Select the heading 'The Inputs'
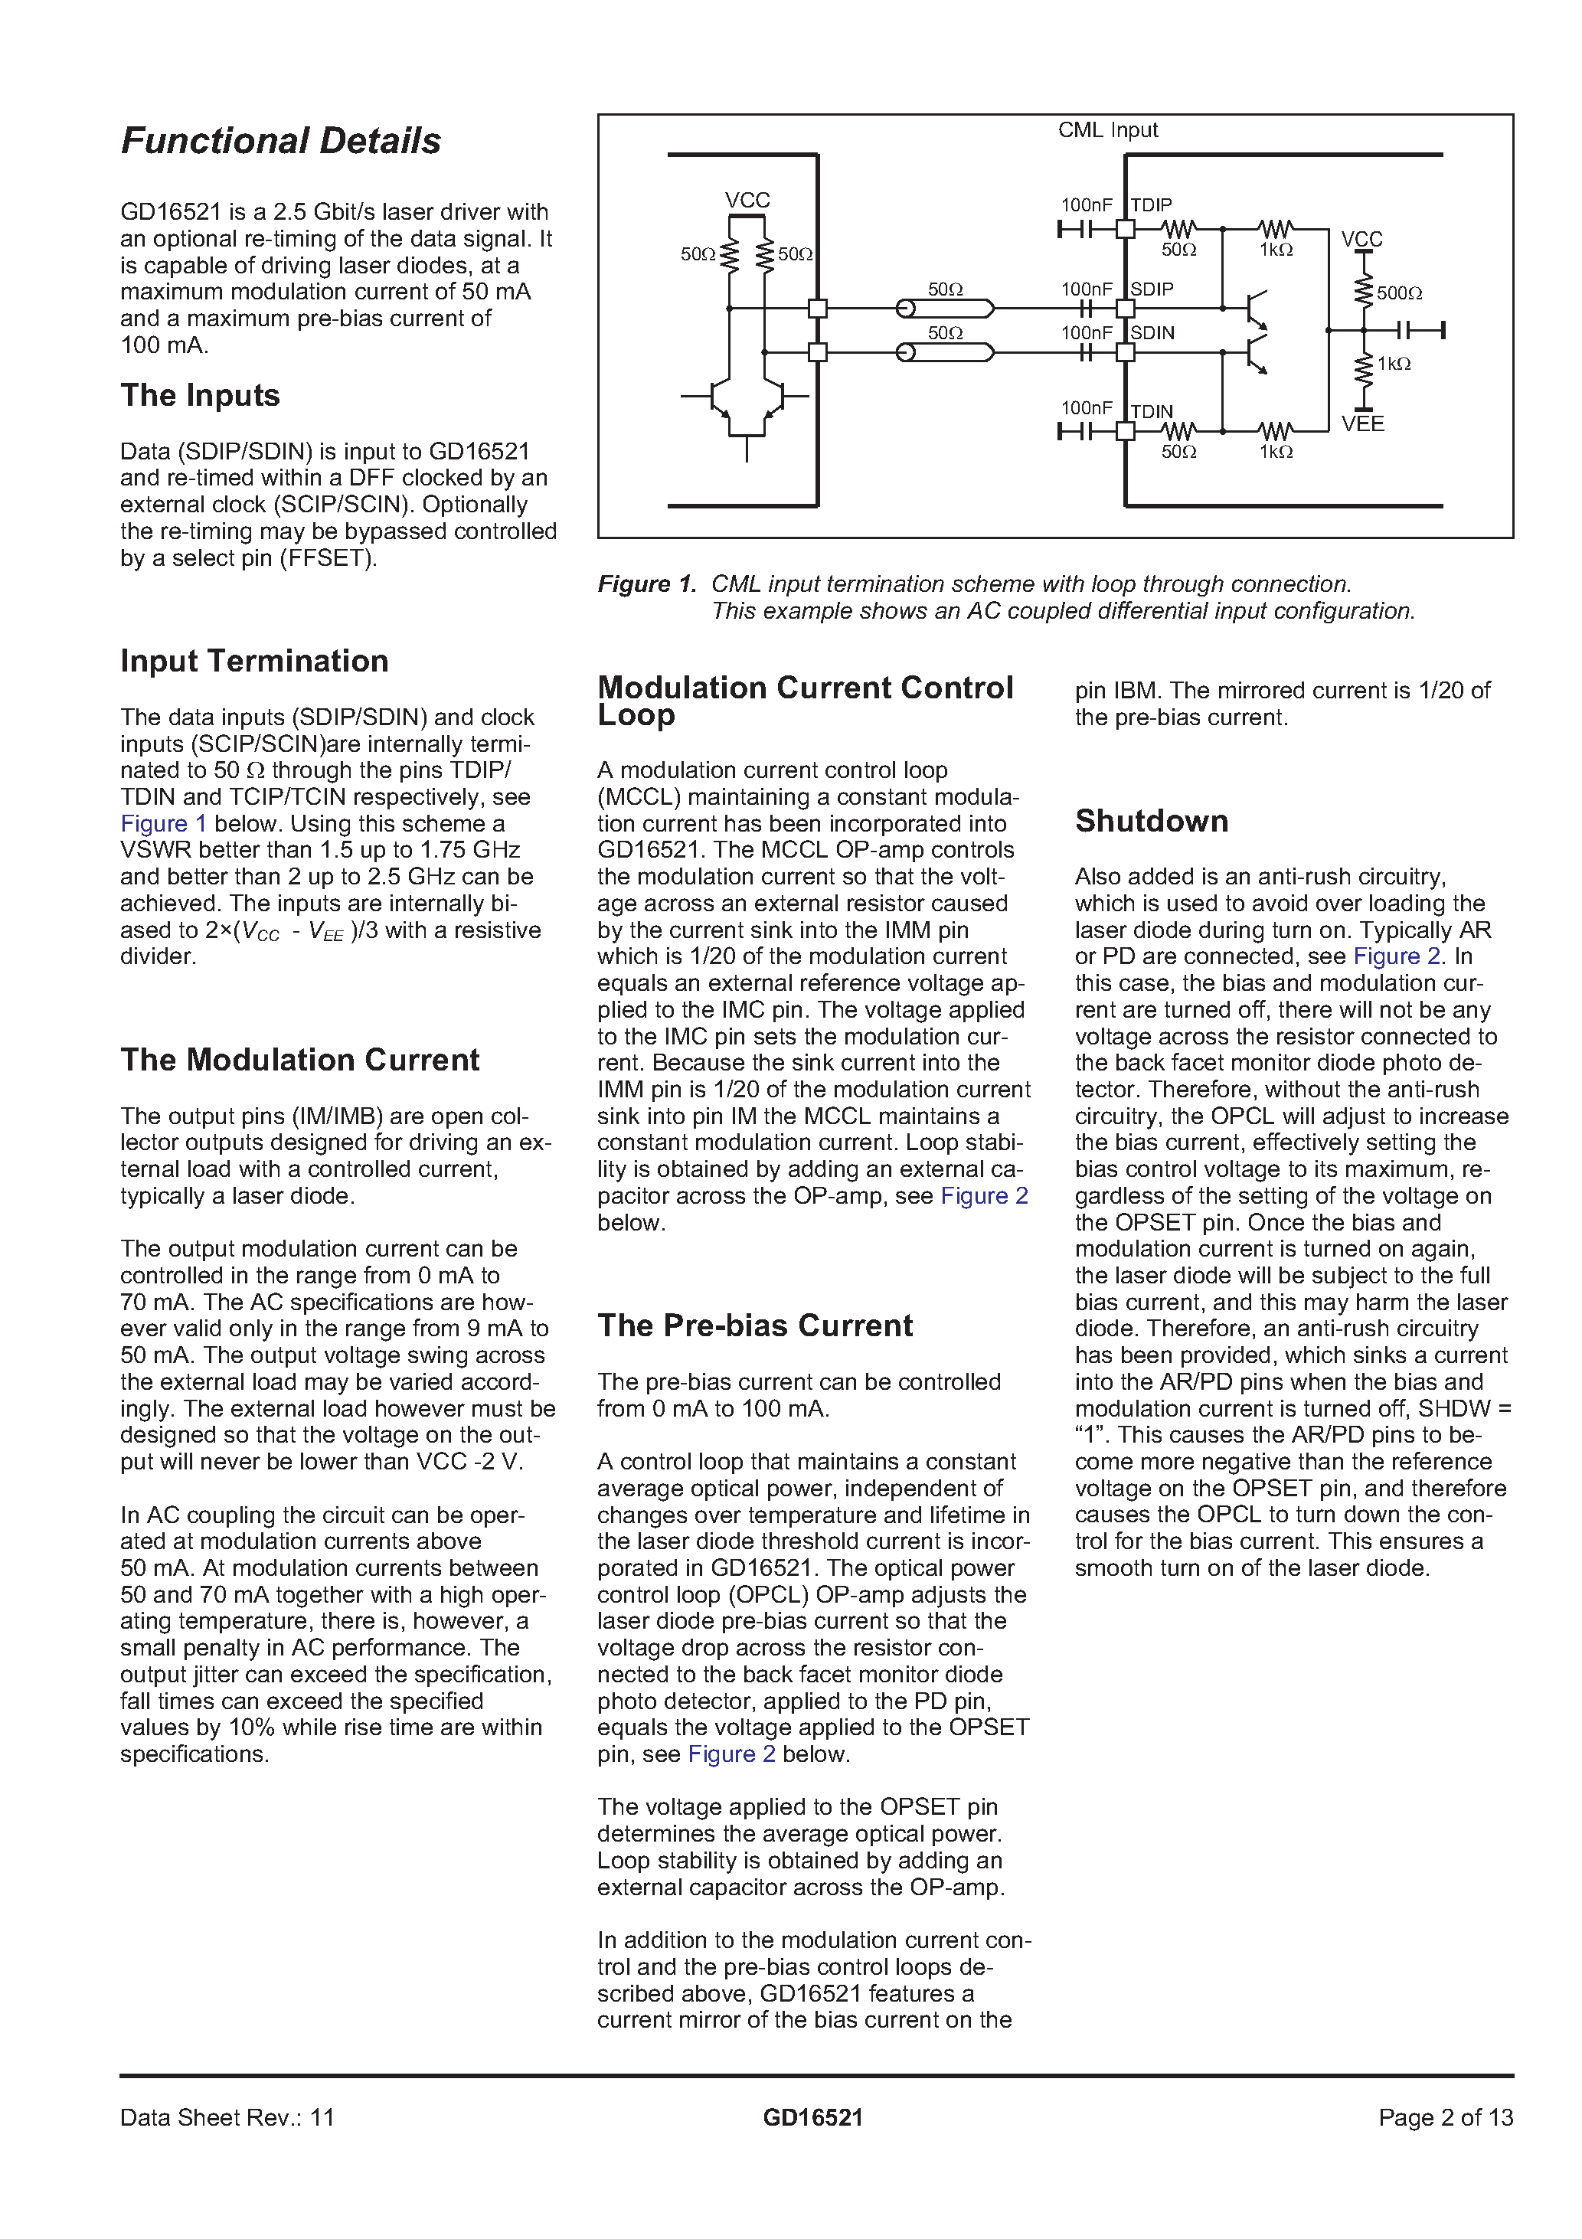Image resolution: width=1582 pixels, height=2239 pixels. (200, 395)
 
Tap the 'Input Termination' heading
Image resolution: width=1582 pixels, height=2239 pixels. (253, 661)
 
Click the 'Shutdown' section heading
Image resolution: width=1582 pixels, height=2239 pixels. (1151, 821)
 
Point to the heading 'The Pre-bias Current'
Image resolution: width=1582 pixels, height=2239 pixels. (755, 1325)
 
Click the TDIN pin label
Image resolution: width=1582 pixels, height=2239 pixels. (1151, 411)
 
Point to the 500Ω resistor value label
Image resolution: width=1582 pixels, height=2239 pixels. (1399, 293)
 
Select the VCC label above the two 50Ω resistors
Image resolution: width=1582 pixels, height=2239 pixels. (747, 200)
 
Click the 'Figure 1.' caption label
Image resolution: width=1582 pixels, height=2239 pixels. (646, 584)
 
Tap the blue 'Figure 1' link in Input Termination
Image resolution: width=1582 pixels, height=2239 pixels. (163, 824)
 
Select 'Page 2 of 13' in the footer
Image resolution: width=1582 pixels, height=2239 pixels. (1446, 2117)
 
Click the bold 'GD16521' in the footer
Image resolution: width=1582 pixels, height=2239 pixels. (812, 2117)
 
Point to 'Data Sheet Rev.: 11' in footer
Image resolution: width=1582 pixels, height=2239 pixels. (227, 2117)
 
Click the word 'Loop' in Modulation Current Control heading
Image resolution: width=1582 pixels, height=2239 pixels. (636, 716)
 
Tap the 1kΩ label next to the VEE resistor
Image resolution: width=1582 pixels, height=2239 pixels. (1394, 364)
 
